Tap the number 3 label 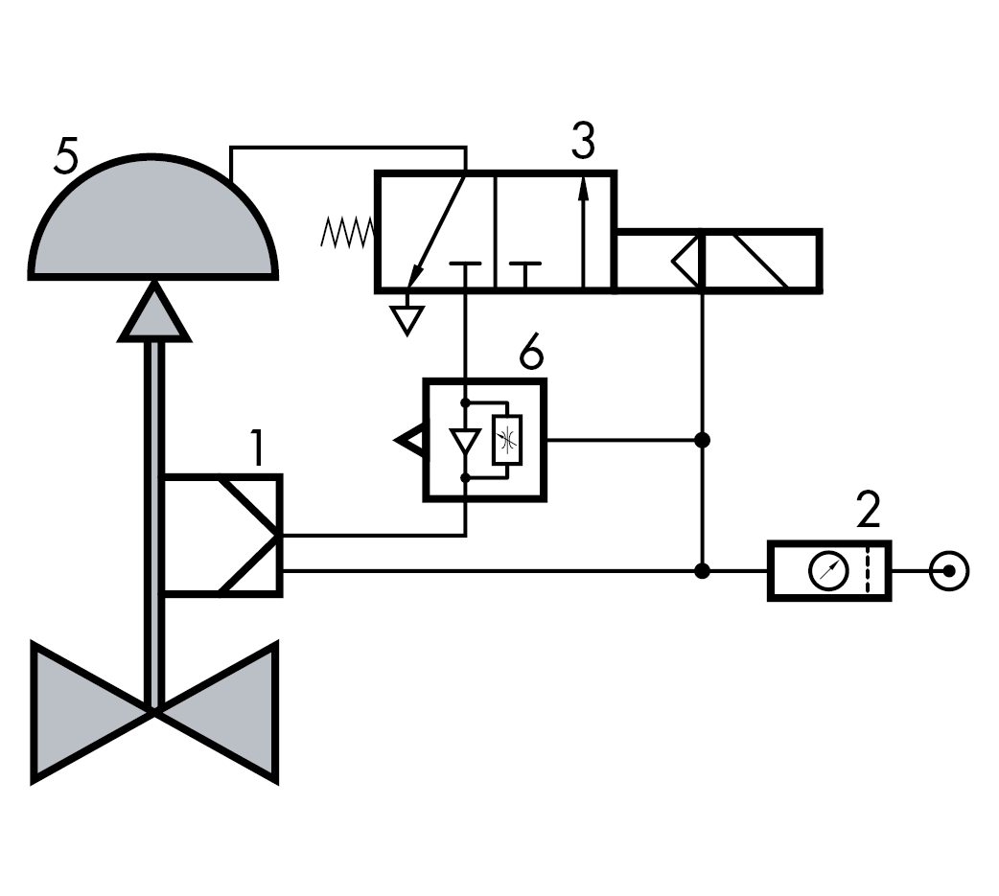tap(582, 141)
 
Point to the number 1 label tap(256, 448)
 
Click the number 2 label tap(868, 513)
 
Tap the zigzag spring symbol tap(346, 233)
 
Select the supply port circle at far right tap(949, 572)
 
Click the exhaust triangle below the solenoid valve tap(408, 318)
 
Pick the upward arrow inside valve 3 tap(583, 230)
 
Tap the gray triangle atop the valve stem tap(153, 313)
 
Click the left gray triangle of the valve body tap(91, 712)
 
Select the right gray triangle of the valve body tap(219, 712)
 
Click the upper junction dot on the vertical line tap(703, 440)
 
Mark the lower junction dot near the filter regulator tap(703, 571)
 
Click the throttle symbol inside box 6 tap(506, 441)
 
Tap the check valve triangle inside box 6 tap(465, 441)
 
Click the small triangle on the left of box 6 tap(409, 441)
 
